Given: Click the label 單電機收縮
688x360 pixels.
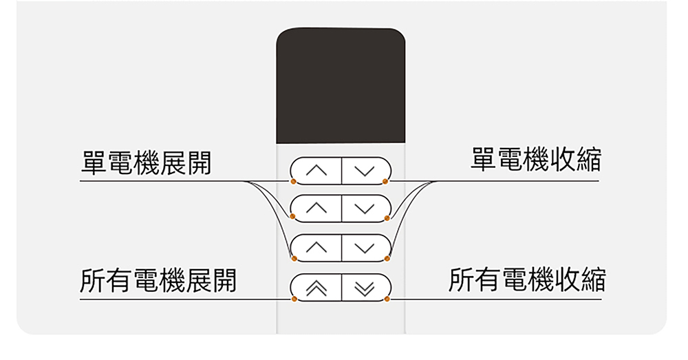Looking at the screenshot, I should [535, 160].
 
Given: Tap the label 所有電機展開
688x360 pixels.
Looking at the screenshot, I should [158, 281].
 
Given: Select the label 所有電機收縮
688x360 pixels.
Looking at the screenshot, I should [527, 280].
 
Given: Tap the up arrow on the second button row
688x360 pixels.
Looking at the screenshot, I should [316, 208].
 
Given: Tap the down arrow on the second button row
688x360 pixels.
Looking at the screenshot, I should [365, 208].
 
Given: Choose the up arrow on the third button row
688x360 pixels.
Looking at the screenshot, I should [316, 247].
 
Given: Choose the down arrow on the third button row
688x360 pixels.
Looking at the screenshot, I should [365, 247].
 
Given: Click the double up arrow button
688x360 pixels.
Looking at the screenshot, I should [316, 288].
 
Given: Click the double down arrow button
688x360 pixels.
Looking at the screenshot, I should [365, 288].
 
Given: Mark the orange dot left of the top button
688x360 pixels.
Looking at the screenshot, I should [293, 181].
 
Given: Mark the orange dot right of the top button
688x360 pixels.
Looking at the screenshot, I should [387, 181].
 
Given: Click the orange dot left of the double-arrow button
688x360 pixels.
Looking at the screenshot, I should [294, 299].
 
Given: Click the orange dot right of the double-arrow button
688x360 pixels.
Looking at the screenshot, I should [387, 299].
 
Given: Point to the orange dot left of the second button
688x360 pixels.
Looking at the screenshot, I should [293, 218].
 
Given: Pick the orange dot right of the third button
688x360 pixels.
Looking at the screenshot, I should [387, 258].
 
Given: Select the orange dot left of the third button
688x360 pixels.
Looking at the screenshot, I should [294, 258].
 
